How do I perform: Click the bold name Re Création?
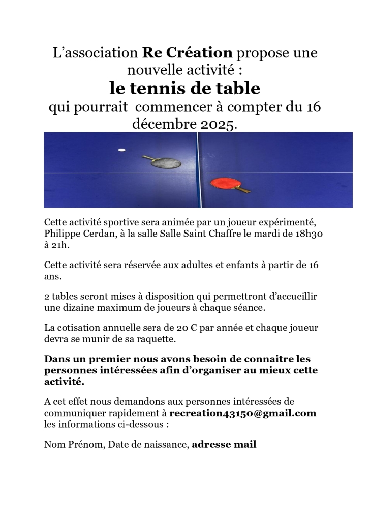[x=187, y=52]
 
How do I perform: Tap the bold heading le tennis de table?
[x=184, y=89]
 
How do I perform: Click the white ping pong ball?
[x=121, y=150]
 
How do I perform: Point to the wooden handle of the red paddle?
[x=242, y=190]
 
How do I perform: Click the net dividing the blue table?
[x=199, y=169]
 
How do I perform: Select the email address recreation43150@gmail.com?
[x=242, y=413]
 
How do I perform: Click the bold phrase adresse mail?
[x=224, y=445]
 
